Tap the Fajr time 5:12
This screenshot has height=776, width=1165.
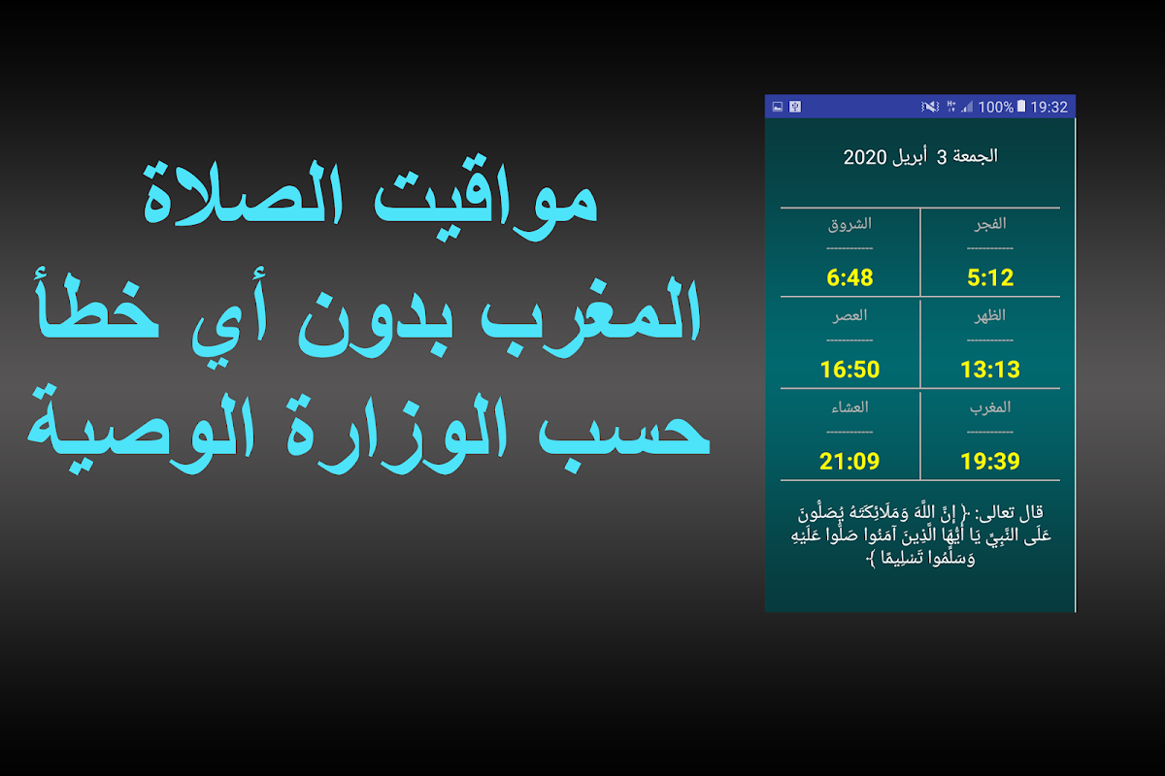(990, 277)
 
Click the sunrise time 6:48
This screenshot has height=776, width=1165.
(849, 277)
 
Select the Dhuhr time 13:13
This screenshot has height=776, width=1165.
(990, 370)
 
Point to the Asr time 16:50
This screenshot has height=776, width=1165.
(849, 370)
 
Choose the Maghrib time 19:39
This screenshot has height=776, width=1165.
(990, 461)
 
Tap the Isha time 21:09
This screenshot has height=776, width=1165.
(849, 461)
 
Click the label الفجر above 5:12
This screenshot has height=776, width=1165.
(990, 224)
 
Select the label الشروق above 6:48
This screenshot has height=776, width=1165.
(849, 224)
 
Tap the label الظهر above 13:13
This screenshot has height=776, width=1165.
(990, 315)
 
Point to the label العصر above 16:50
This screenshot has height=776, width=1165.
(849, 315)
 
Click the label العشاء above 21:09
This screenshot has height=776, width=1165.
(849, 407)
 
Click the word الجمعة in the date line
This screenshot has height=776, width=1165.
(975, 156)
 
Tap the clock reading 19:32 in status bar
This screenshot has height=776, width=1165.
(1049, 107)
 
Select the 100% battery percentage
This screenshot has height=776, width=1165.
(995, 107)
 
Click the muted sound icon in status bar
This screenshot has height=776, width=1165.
(930, 107)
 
